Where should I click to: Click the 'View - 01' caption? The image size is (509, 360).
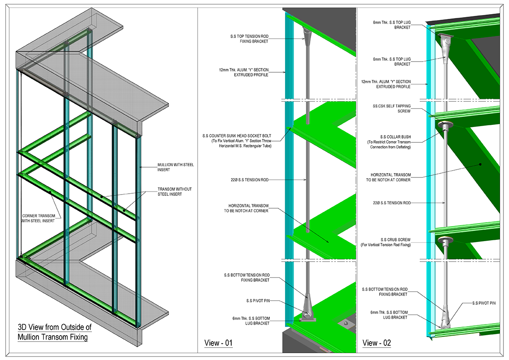click(218, 343)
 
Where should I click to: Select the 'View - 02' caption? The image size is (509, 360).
click(377, 343)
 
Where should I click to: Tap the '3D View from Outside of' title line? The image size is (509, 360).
click(55, 328)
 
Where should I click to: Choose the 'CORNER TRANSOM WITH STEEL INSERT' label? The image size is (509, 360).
click(38, 218)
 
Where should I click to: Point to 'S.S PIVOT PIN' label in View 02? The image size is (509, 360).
click(484, 303)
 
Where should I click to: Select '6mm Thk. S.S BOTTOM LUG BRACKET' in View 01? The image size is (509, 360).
click(251, 321)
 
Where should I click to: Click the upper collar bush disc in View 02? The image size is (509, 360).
click(445, 126)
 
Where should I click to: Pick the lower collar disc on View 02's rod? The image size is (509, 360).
click(445, 240)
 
